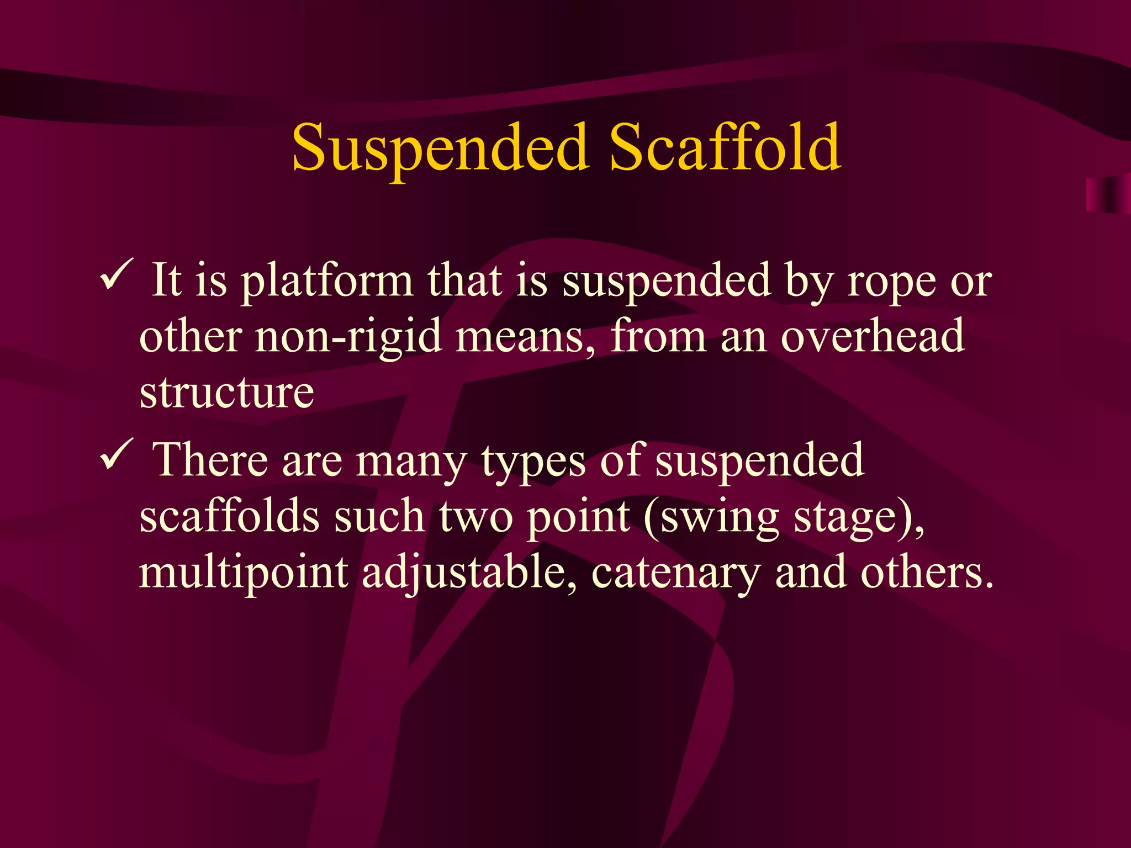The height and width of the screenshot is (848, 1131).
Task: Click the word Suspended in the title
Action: (x=440, y=148)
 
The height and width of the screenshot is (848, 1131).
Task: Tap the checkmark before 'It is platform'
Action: (x=117, y=274)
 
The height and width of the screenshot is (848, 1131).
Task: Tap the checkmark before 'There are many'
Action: (x=117, y=454)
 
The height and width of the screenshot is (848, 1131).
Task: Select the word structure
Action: (x=227, y=393)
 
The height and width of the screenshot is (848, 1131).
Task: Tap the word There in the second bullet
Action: (x=210, y=459)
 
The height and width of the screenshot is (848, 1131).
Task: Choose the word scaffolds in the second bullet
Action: (x=230, y=516)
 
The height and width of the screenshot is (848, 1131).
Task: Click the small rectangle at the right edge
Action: (x=1107, y=195)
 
